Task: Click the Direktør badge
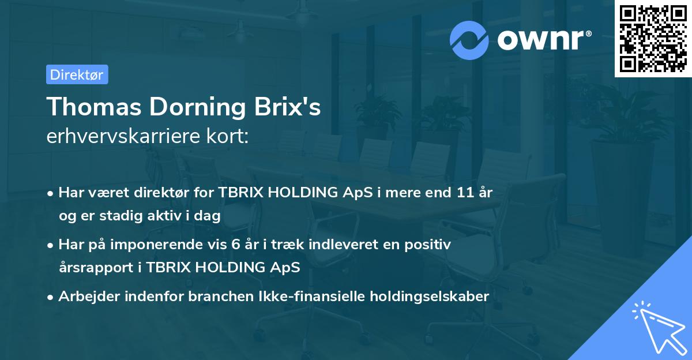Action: (x=77, y=74)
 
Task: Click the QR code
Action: (x=653, y=39)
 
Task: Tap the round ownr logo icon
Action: (x=469, y=40)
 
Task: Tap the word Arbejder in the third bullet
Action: (x=86, y=297)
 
